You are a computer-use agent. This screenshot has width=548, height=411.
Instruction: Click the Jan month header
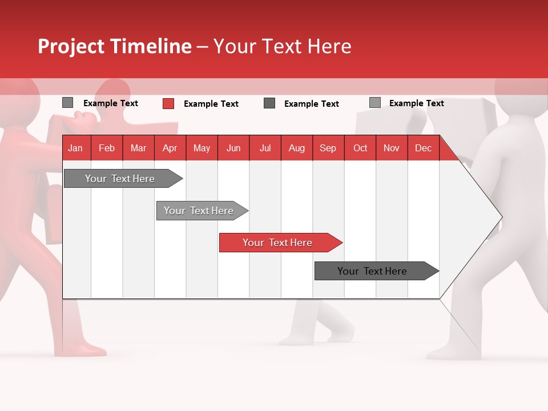pyautogui.click(x=75, y=148)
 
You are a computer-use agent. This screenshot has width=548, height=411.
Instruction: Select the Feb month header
pyautogui.click(x=107, y=148)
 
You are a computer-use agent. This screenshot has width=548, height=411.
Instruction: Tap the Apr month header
pyautogui.click(x=170, y=148)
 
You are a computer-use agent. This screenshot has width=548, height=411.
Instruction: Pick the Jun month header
pyautogui.click(x=233, y=148)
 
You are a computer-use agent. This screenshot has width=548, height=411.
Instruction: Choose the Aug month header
pyautogui.click(x=296, y=148)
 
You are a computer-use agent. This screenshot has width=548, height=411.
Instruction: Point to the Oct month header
pyautogui.click(x=360, y=148)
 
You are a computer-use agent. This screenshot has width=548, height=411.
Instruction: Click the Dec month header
pyautogui.click(x=423, y=148)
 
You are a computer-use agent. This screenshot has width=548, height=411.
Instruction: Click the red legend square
pyautogui.click(x=168, y=103)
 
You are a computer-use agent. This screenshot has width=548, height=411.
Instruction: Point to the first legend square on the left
pyautogui.click(x=67, y=103)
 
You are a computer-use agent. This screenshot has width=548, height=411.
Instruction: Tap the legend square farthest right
pyautogui.click(x=375, y=103)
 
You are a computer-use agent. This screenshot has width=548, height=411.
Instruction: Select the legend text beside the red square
pyautogui.click(x=211, y=104)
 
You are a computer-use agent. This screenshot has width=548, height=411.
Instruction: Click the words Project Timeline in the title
pyautogui.click(x=115, y=46)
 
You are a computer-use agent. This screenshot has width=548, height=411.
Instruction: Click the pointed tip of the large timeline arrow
pyautogui.click(x=501, y=217)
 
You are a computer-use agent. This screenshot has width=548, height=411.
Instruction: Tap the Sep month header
pyautogui.click(x=328, y=148)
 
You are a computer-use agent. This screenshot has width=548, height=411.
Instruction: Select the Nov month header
pyautogui.click(x=392, y=148)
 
